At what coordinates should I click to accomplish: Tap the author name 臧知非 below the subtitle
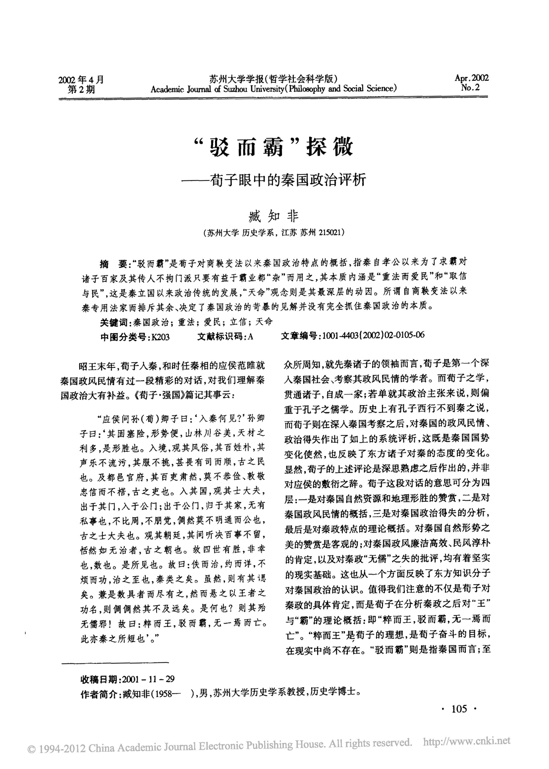274,216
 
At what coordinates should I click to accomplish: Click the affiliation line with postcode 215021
274,232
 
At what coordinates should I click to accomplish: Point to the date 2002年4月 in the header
82,79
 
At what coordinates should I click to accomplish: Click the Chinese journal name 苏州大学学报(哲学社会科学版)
274,79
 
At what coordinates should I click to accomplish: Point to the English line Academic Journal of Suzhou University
274,89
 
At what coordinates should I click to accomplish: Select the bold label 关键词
113,322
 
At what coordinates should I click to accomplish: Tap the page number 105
459,709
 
